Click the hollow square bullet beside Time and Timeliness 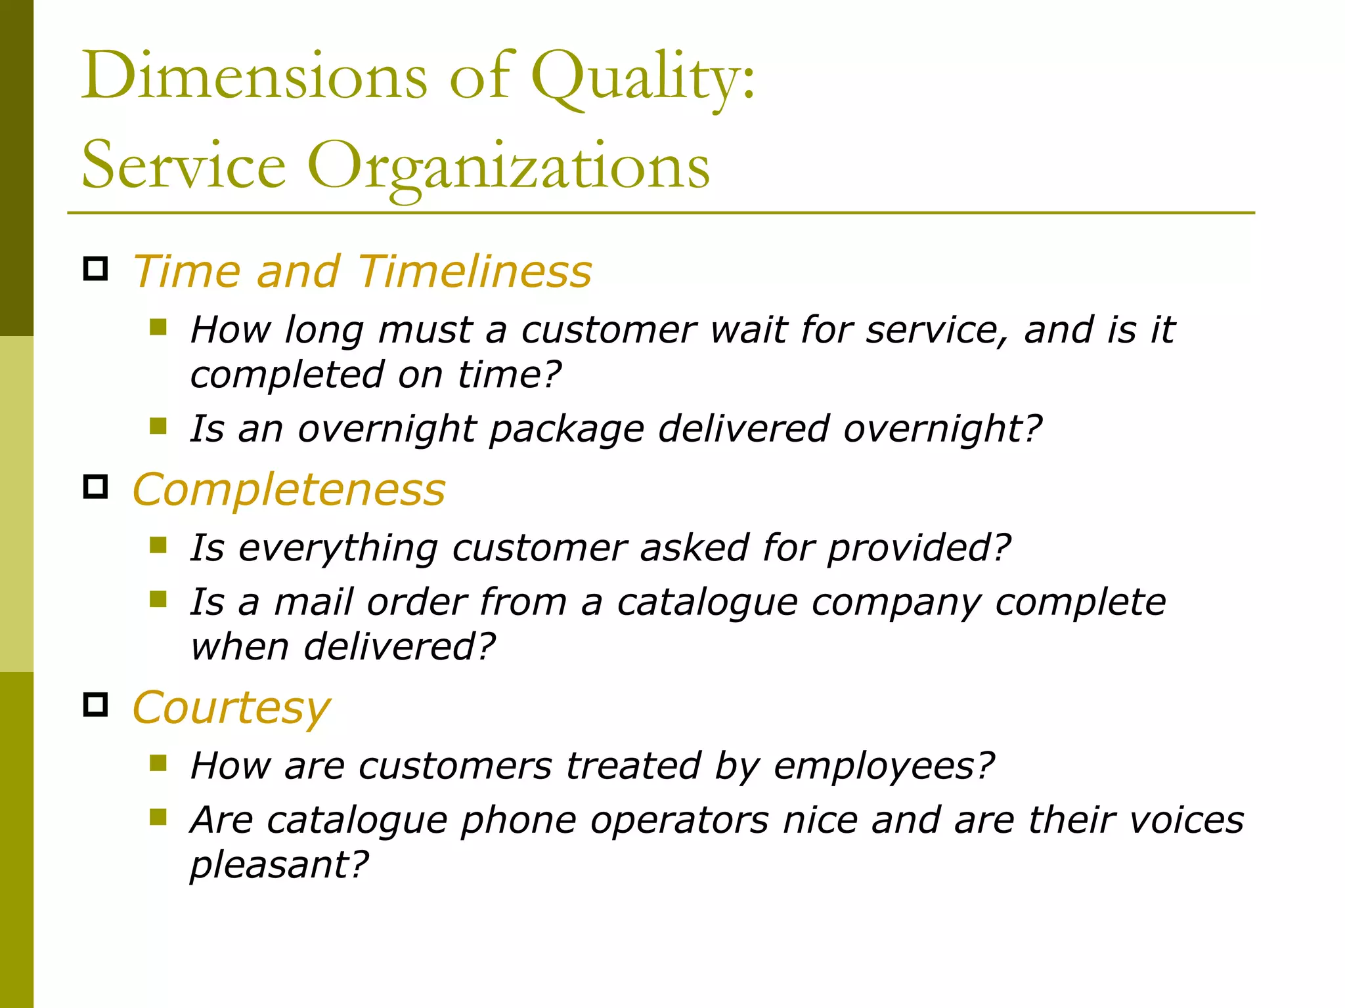click(x=96, y=268)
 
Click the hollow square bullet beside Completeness click(x=96, y=486)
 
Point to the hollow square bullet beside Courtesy click(x=96, y=704)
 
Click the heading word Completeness click(x=289, y=490)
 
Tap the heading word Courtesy click(x=231, y=709)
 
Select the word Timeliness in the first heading click(x=474, y=271)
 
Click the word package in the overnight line click(x=566, y=430)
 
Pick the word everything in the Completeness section click(x=338, y=548)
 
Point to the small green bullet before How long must click(x=158, y=327)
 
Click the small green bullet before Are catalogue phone click(x=158, y=817)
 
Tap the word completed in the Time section click(x=286, y=375)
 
